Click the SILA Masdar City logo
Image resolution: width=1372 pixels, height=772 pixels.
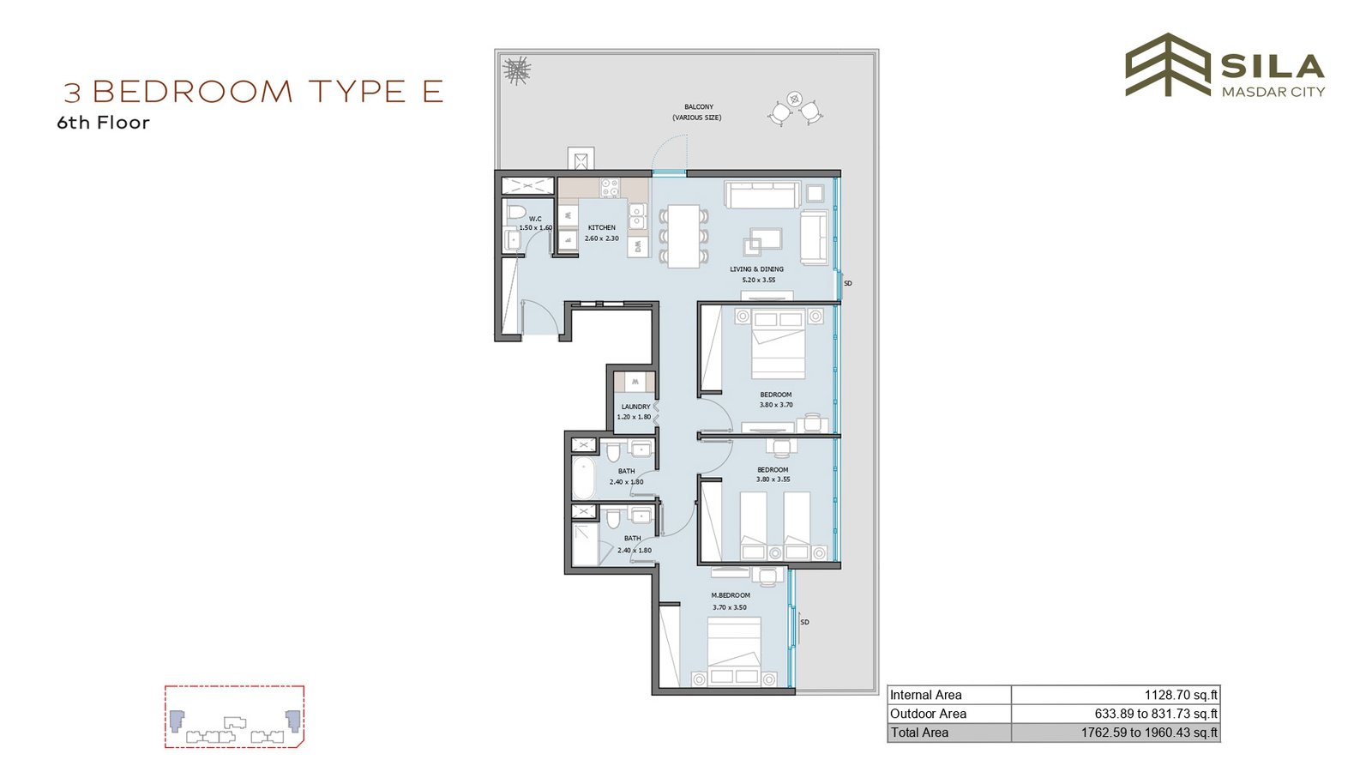click(x=1225, y=65)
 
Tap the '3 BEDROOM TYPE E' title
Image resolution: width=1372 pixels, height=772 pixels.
click(x=254, y=91)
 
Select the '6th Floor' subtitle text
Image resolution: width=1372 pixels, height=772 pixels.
click(x=103, y=123)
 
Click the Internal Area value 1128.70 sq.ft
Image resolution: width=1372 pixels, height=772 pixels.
click(x=1181, y=695)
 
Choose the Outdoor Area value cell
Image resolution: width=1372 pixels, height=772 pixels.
click(x=1116, y=714)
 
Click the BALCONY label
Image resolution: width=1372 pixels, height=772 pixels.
click(x=699, y=106)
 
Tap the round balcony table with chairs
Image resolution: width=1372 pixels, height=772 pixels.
click(x=795, y=108)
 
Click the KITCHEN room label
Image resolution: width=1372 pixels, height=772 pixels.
click(x=601, y=227)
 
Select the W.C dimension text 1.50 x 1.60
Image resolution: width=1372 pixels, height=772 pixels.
click(x=536, y=228)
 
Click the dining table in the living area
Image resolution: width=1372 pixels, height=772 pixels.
click(x=683, y=236)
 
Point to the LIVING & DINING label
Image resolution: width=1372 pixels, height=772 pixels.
click(x=756, y=269)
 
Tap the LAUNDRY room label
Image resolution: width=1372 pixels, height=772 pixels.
click(x=635, y=407)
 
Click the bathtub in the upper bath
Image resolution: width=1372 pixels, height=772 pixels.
click(x=584, y=477)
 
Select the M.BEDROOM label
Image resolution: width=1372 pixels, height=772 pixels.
click(x=731, y=595)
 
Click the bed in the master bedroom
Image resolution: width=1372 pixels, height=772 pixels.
click(x=734, y=651)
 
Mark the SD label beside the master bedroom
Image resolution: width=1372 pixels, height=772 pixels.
click(x=805, y=623)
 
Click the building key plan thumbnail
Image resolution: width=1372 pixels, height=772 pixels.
click(x=235, y=716)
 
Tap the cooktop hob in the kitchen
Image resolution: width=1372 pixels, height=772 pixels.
click(x=610, y=188)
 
